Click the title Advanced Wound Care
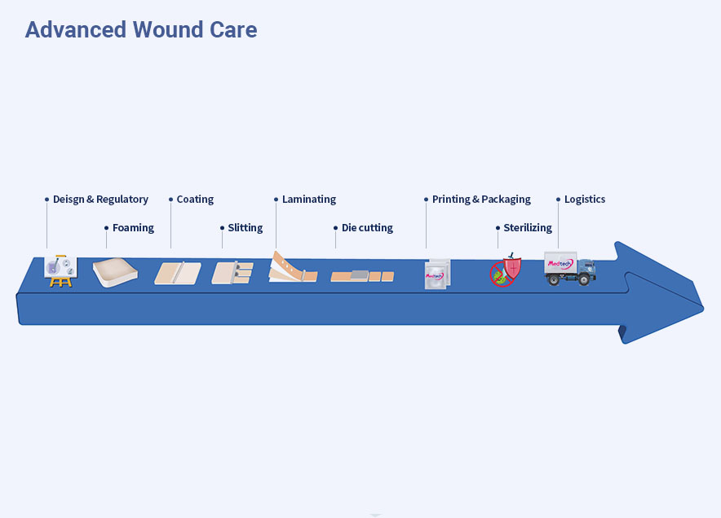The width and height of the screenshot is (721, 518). (141, 30)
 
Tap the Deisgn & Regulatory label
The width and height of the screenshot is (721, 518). (100, 200)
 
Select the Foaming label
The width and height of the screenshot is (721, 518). (133, 228)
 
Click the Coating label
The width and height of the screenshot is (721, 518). (195, 200)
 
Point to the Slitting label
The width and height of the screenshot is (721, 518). (245, 228)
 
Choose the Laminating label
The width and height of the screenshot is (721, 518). (309, 200)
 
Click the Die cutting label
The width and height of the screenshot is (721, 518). (367, 228)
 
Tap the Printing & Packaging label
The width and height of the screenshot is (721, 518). (481, 200)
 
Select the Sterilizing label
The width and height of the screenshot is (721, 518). (528, 228)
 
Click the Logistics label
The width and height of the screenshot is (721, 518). (585, 200)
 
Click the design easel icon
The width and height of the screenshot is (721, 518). (60, 271)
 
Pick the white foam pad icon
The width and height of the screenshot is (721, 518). (115, 273)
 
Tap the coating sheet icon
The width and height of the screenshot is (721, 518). (178, 273)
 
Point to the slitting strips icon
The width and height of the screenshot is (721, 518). (232, 273)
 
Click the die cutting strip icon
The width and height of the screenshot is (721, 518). (362, 276)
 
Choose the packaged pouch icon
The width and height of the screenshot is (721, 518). (437, 274)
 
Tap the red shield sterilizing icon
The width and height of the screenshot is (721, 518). (506, 270)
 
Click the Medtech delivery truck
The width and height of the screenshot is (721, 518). (570, 269)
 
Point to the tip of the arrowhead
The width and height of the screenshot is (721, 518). (703, 309)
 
